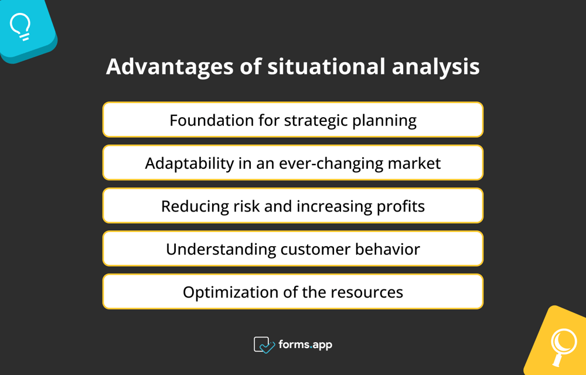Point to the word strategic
click(x=316, y=120)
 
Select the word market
click(x=414, y=163)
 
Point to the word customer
click(x=315, y=249)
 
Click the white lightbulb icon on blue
click(x=21, y=26)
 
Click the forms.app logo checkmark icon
click(x=264, y=345)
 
